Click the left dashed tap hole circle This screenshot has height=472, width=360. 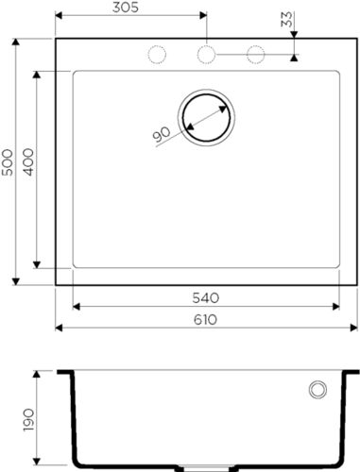click(155, 55)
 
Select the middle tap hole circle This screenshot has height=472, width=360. click(205, 55)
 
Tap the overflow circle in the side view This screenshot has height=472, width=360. click(317, 389)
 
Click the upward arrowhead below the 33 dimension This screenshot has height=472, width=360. click(295, 57)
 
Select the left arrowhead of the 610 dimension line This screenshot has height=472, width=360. click(60, 328)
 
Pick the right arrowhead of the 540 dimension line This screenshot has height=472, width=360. click(336, 306)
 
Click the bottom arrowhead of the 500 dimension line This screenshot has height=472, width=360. click(16, 280)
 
